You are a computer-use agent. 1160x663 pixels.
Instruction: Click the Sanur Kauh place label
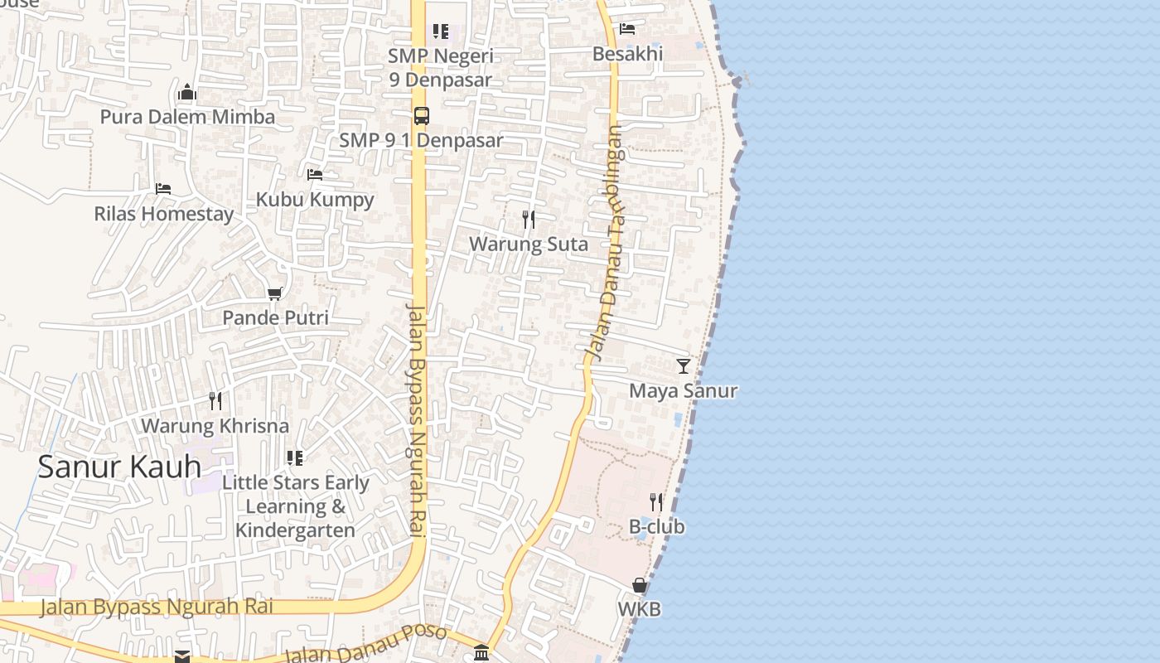119,467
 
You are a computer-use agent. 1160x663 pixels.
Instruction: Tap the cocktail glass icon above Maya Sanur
683,365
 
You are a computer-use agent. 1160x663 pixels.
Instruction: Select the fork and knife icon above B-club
655,501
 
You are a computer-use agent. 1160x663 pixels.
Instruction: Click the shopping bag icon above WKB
640,585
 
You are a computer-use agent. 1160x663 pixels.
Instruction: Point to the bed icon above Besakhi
627,29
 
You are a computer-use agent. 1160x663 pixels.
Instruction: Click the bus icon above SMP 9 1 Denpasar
421,116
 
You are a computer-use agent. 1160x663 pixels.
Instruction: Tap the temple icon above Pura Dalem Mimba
187,92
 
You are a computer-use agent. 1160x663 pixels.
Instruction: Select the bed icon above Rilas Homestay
163,189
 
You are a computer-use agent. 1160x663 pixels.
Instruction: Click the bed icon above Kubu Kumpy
315,175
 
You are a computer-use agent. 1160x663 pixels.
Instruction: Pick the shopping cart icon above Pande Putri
275,293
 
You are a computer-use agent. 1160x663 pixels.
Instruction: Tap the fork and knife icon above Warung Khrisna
215,401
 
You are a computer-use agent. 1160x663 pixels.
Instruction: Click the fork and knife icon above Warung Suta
529,220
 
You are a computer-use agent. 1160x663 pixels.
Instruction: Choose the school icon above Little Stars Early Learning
295,457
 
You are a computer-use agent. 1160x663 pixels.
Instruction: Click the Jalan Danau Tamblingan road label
604,242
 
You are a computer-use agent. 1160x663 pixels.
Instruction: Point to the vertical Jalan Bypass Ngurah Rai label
416,421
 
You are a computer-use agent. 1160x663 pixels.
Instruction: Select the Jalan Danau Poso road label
365,643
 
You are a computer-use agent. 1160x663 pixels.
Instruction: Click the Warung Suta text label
529,244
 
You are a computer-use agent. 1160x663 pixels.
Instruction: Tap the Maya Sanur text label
683,390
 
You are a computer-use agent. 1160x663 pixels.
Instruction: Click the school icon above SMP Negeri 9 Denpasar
441,31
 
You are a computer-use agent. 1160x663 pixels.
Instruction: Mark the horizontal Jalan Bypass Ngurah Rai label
157,607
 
